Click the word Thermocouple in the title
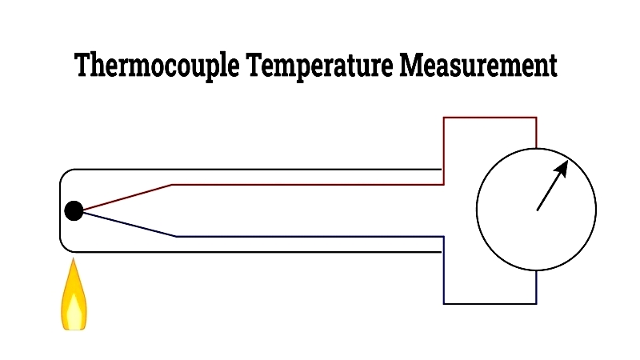[157, 66]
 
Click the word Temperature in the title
[319, 66]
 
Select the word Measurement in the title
[478, 65]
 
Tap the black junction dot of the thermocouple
[74, 210]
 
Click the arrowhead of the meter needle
[562, 168]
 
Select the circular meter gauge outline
[476, 210]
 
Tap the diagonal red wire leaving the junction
[127, 197]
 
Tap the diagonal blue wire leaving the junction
[130, 225]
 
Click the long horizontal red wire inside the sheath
[308, 185]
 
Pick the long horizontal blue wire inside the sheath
[310, 236]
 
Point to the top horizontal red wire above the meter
[490, 118]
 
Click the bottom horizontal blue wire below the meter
[490, 304]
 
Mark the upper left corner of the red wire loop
[444, 118]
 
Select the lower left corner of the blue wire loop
[444, 304]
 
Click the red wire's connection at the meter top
[536, 148]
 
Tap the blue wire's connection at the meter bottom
[536, 270]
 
